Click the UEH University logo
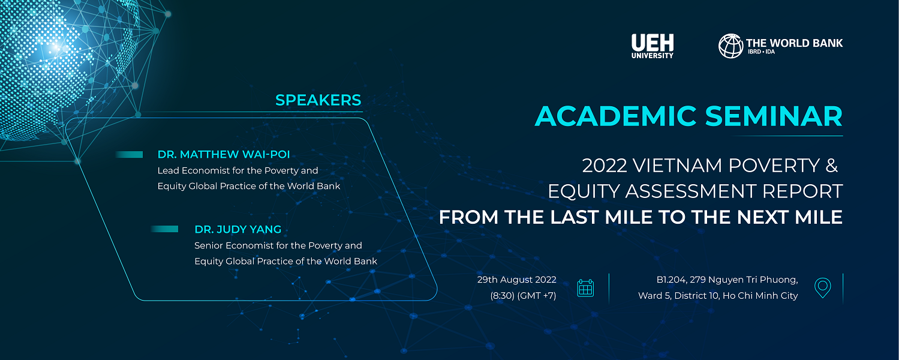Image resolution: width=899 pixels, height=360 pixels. pyautogui.click(x=652, y=46)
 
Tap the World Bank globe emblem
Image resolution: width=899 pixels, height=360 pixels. pyautogui.click(x=730, y=46)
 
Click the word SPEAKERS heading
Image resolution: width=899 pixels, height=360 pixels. pyautogui.click(x=318, y=100)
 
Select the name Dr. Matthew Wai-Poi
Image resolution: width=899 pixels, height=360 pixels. pyautogui.click(x=224, y=154)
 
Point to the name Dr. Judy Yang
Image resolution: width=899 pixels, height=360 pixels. pyautogui.click(x=238, y=229)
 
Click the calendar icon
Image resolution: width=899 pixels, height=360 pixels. pyautogui.click(x=585, y=288)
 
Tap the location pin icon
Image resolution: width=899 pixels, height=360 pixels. pyautogui.click(x=822, y=287)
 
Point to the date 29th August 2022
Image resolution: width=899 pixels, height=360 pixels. pyautogui.click(x=516, y=280)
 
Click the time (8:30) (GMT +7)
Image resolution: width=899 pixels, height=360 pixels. pyautogui.click(x=523, y=295)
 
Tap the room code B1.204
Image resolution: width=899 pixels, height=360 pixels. pyautogui.click(x=672, y=280)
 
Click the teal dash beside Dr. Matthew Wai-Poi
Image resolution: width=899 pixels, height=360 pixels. pyautogui.click(x=129, y=154)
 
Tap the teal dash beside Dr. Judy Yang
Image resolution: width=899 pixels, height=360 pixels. pyautogui.click(x=164, y=229)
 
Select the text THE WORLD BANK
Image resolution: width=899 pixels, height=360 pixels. pyautogui.click(x=794, y=43)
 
